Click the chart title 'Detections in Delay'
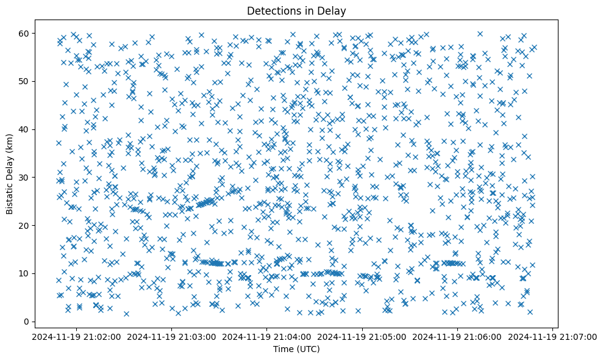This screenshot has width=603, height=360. [x=296, y=11]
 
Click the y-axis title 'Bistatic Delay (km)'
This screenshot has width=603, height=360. [x=10, y=174]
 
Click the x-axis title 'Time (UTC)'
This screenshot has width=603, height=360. [x=296, y=349]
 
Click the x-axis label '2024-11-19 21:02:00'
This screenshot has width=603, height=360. [x=76, y=337]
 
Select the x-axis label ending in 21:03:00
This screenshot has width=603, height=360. [x=172, y=337]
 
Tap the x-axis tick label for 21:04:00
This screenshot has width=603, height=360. [x=267, y=337]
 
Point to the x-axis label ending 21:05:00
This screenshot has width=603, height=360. [x=363, y=337]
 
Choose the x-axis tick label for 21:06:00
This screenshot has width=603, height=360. [x=458, y=337]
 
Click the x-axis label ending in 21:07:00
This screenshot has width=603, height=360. [x=553, y=337]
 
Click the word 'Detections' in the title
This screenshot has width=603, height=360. [x=271, y=11]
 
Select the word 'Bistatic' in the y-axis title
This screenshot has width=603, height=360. [x=10, y=198]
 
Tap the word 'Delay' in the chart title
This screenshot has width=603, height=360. [x=333, y=11]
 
